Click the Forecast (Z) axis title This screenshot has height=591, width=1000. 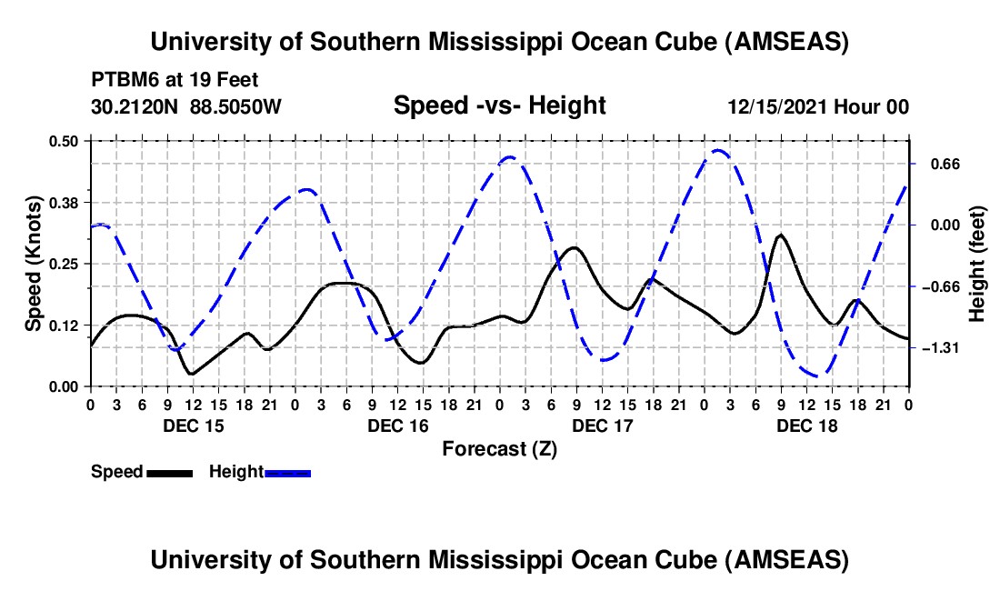click(x=499, y=448)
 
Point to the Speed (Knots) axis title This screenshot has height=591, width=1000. click(x=33, y=264)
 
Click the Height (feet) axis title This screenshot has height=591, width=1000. click(x=978, y=264)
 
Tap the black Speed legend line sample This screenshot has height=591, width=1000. click(x=168, y=472)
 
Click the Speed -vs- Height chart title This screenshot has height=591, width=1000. click(x=499, y=105)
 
